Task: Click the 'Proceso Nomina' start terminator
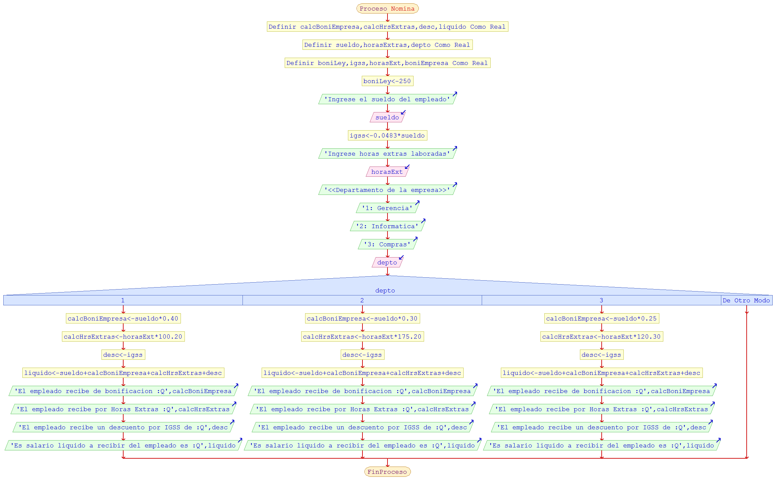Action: coord(387,9)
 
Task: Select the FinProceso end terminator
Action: coord(387,472)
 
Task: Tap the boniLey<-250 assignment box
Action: coord(387,81)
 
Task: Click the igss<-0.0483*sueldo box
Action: coord(387,136)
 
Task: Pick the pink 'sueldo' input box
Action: coord(387,117)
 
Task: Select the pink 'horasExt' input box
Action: coord(387,172)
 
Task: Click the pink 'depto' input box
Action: coord(387,262)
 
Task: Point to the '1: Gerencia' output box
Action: coord(387,208)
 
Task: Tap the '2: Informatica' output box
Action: coord(387,226)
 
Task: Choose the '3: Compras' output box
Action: coord(387,244)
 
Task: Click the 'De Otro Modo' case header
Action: coord(746,300)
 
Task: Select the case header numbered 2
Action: coord(362,300)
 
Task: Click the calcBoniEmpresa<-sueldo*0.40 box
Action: coord(123,319)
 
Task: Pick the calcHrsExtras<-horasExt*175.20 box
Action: coord(362,337)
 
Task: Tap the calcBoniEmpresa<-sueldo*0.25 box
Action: coord(601,319)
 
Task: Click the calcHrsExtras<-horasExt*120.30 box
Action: coord(601,337)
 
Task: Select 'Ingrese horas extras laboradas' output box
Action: coord(387,154)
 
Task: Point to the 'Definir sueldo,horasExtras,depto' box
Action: coord(387,45)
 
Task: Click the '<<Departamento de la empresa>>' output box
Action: coord(387,190)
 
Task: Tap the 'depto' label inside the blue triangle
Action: coord(385,290)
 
